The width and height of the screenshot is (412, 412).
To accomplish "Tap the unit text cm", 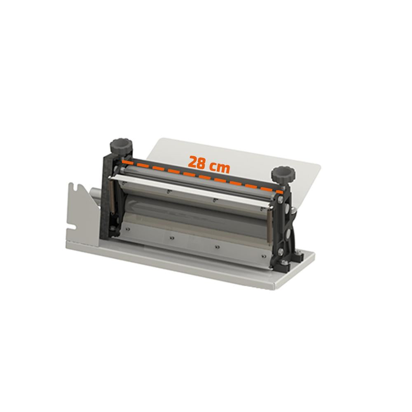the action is [x=220, y=167].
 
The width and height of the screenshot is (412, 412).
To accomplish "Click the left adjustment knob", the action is [x=121, y=146].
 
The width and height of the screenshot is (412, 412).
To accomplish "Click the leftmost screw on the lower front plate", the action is [x=128, y=229].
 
